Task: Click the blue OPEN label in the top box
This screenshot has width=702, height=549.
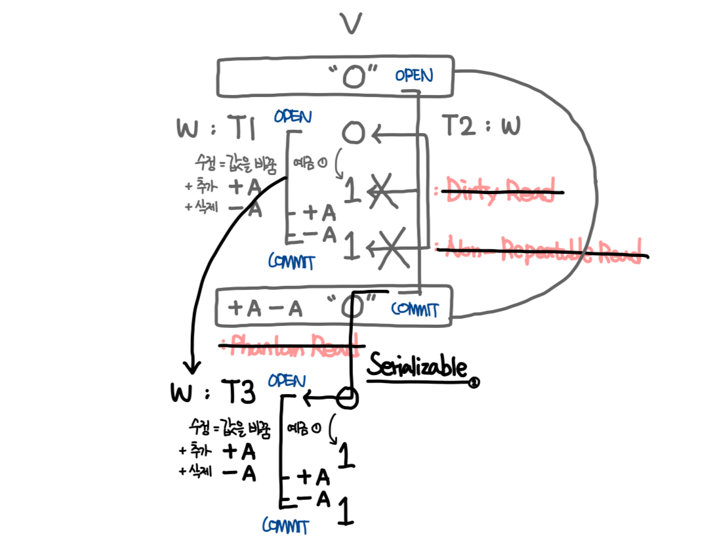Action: tap(414, 75)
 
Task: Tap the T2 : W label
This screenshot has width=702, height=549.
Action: tap(482, 125)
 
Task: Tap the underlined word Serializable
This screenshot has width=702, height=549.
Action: tap(417, 367)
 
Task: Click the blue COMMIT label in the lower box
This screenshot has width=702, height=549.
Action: tap(415, 309)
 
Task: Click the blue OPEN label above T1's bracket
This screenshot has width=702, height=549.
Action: tap(293, 117)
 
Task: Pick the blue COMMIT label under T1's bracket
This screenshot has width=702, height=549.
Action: tap(291, 262)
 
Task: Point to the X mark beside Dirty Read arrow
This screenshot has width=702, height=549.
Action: tap(383, 190)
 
